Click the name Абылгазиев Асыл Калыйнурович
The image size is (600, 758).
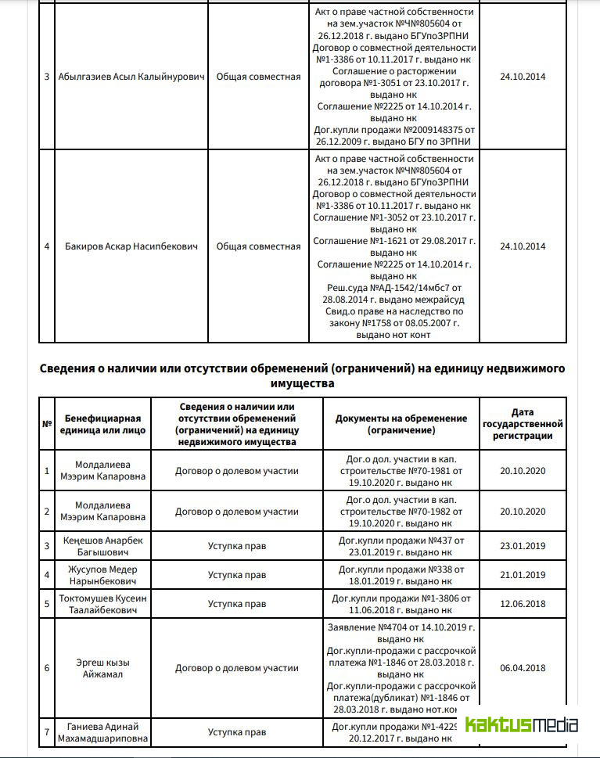coord(131,77)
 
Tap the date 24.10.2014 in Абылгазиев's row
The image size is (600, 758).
coord(523,77)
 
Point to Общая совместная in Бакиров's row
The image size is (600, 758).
coord(258,246)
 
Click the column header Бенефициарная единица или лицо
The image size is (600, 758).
coord(102,424)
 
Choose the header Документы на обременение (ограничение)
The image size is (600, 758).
coord(401,424)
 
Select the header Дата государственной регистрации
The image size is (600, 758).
coord(523,424)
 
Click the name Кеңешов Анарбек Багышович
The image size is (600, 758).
coord(104,546)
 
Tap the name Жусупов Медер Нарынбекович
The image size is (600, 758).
coord(104,575)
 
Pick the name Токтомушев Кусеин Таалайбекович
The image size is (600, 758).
coord(104,604)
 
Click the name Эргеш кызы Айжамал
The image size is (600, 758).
coord(104,668)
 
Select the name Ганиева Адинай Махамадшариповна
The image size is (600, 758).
coord(104,732)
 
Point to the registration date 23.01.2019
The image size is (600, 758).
coord(523,546)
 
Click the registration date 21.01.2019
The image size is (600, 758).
coord(523,575)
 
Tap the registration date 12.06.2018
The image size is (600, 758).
coord(523,604)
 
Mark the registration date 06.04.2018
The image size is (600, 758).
coord(523,668)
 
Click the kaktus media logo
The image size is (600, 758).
coord(521,724)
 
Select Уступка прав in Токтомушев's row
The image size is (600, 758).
coord(237,604)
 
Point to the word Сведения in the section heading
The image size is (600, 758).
coord(73,368)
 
